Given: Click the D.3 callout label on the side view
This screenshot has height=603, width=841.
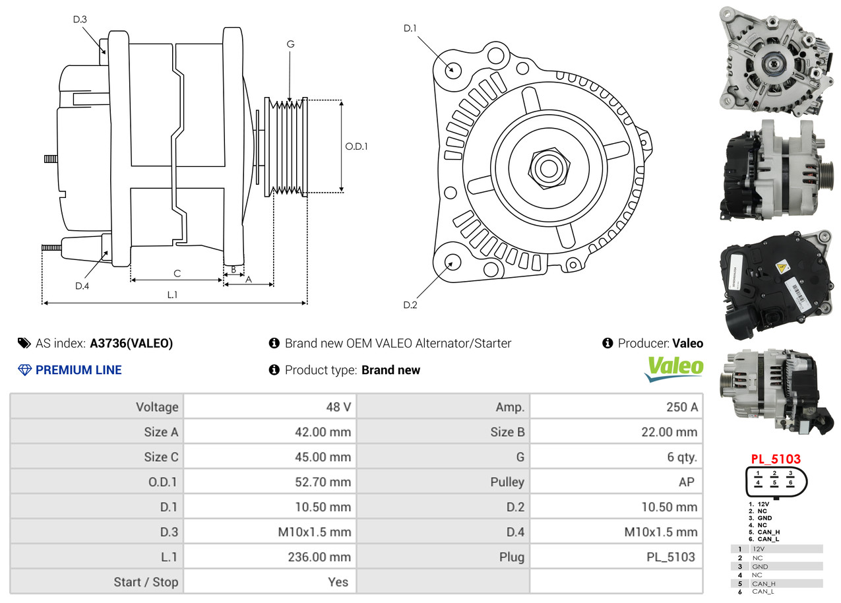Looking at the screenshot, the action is pyautogui.click(x=80, y=19).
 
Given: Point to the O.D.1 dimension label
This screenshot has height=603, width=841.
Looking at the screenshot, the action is pyautogui.click(x=356, y=146).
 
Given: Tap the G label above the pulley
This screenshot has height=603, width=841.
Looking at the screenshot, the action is pyautogui.click(x=290, y=44).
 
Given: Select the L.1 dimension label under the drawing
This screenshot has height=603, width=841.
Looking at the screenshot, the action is pyautogui.click(x=172, y=295).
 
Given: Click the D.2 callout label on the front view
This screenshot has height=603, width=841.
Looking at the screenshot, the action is pyautogui.click(x=410, y=305).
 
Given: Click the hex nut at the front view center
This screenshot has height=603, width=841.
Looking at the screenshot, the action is pyautogui.click(x=549, y=169).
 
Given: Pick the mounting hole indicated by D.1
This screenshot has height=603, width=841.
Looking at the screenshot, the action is pyautogui.click(x=452, y=70).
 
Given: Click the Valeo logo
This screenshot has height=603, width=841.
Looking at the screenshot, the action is pyautogui.click(x=674, y=368).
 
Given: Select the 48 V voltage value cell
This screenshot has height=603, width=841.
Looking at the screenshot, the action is pyautogui.click(x=270, y=406).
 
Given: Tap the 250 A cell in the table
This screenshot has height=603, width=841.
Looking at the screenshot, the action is pyautogui.click(x=616, y=406).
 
